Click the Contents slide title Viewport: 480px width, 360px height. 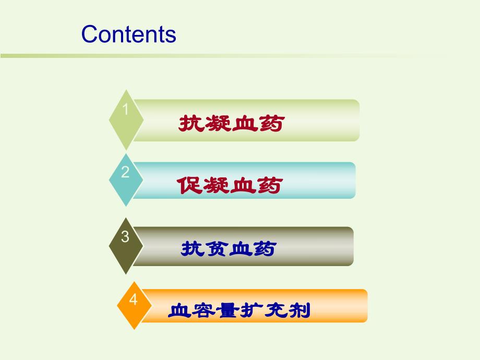tap(129, 34)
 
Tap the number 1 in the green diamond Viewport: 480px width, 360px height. tap(125, 109)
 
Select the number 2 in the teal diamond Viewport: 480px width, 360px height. tap(125, 172)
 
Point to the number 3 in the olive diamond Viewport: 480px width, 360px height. tap(125, 236)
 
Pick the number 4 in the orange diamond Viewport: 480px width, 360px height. tap(134, 299)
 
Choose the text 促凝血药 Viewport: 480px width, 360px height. tap(230, 185)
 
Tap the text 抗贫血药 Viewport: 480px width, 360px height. tap(228, 249)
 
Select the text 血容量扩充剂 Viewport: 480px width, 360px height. tap(239, 311)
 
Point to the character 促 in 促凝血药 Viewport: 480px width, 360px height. tap(189, 185)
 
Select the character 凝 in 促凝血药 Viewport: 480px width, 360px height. tap(216, 185)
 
